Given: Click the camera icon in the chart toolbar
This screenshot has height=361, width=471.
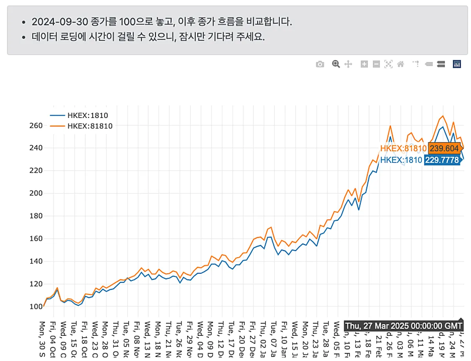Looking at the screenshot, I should [320, 64].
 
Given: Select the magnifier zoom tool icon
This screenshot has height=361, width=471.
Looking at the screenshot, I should [336, 64].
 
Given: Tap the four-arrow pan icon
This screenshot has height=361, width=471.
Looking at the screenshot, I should [348, 64].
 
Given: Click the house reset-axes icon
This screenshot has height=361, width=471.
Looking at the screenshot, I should [401, 64].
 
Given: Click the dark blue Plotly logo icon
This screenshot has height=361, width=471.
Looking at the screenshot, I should [457, 64].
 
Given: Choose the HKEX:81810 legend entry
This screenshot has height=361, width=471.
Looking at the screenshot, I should [90, 126].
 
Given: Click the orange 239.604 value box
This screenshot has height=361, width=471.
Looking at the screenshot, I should [444, 149].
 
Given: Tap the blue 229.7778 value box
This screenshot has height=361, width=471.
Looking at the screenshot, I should [442, 160].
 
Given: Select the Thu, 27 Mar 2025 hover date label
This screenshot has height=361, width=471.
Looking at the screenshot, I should [403, 326].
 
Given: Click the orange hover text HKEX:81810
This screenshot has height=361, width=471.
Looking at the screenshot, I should [403, 149].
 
